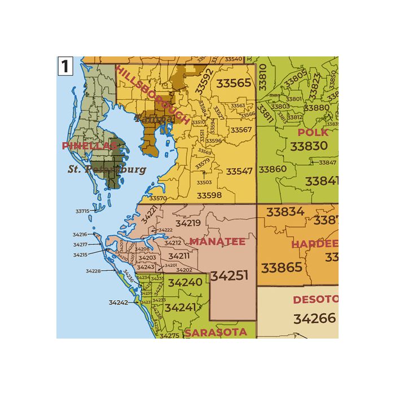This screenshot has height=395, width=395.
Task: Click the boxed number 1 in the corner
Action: coord(65,66)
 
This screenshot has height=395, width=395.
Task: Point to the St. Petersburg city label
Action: coord(107,169)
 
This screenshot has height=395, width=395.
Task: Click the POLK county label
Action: coord(313,133)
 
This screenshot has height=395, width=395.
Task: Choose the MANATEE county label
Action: coord(217,242)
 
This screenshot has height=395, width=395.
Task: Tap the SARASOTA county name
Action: coord(216,332)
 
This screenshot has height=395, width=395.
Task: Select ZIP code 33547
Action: coord(239,171)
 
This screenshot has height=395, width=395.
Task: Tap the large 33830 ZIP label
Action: coord(309,146)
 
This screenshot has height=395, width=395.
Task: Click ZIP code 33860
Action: coord(273,169)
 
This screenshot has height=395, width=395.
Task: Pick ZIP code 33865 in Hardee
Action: coord(282,267)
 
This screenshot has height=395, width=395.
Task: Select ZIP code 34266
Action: coord(314,318)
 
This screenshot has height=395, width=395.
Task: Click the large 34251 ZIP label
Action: coord(229,276)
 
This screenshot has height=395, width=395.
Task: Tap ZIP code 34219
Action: coord(188,223)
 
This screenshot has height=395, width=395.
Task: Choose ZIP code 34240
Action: coord(185,282)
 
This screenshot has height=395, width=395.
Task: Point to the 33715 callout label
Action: coord(82,211)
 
